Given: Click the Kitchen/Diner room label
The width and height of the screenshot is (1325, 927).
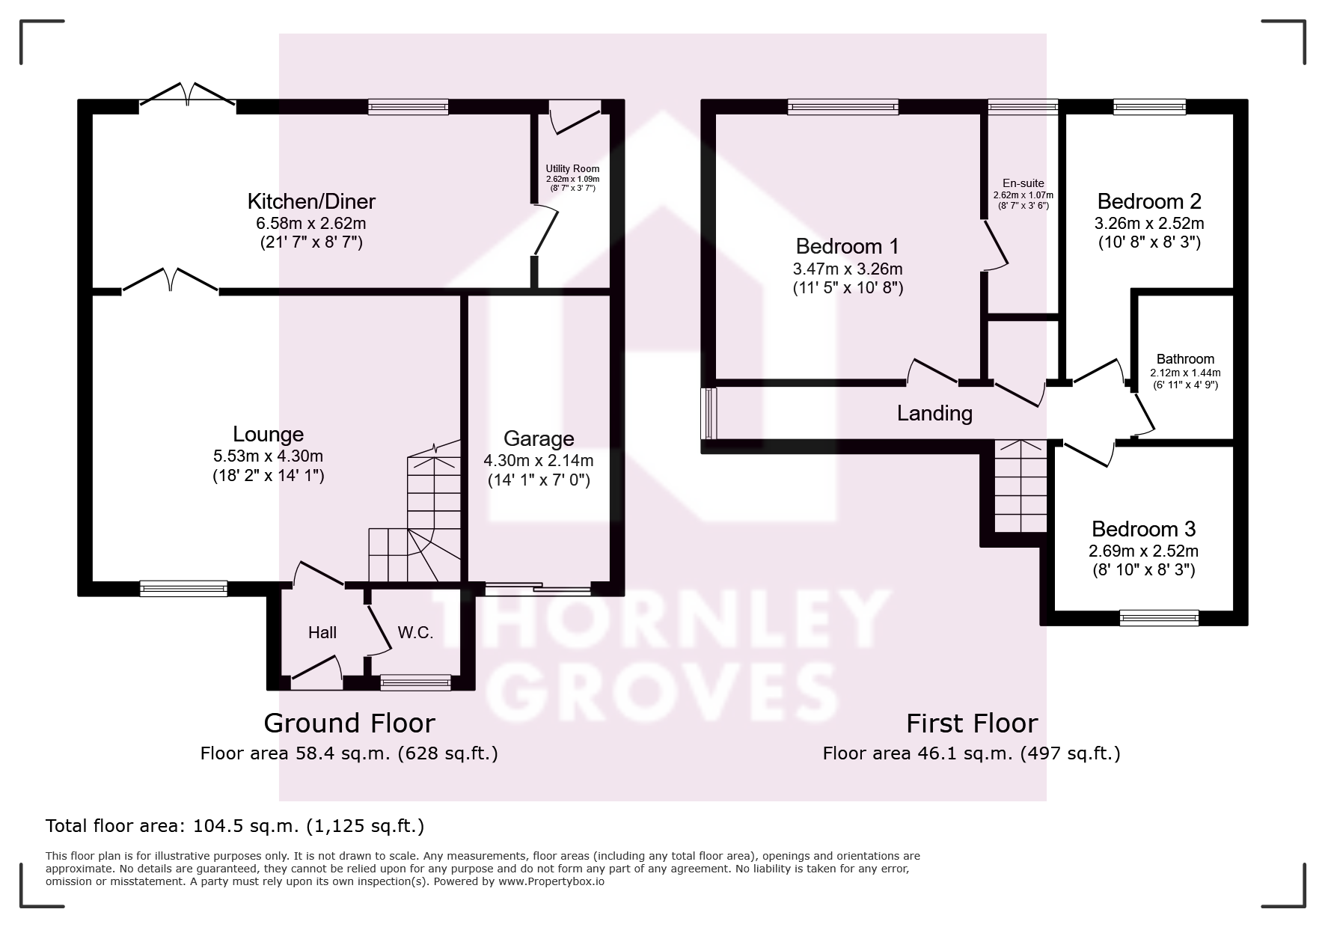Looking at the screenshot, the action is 311,201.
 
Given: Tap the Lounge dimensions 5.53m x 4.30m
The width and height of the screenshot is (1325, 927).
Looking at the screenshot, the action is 268,456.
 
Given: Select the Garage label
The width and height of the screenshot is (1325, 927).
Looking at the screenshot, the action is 539,438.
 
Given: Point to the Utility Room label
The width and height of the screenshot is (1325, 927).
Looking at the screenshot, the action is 572,168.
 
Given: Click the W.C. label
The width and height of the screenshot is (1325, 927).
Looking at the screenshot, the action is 415,632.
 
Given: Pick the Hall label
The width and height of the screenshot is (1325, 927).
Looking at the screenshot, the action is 322,632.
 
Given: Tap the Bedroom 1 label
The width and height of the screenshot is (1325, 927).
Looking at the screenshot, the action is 847,246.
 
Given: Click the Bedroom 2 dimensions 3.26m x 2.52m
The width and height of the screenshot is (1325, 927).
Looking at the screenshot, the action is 1149,223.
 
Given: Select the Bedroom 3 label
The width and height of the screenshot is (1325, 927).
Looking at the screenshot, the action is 1143,529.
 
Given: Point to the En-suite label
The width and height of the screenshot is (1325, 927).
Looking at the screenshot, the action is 1023,183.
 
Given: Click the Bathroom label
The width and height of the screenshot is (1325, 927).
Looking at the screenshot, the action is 1185,359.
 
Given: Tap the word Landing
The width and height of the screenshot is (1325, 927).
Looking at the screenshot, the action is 934,413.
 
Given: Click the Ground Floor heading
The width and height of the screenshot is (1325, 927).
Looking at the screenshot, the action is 349,723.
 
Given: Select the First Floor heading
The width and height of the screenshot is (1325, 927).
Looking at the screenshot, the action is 972,723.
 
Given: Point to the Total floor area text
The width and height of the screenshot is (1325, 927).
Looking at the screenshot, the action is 235,826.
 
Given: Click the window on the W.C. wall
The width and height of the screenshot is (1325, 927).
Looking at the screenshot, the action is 415,682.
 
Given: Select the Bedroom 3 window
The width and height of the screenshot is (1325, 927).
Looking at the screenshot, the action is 1159,618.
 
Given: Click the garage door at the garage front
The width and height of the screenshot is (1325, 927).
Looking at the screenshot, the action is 537,589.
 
